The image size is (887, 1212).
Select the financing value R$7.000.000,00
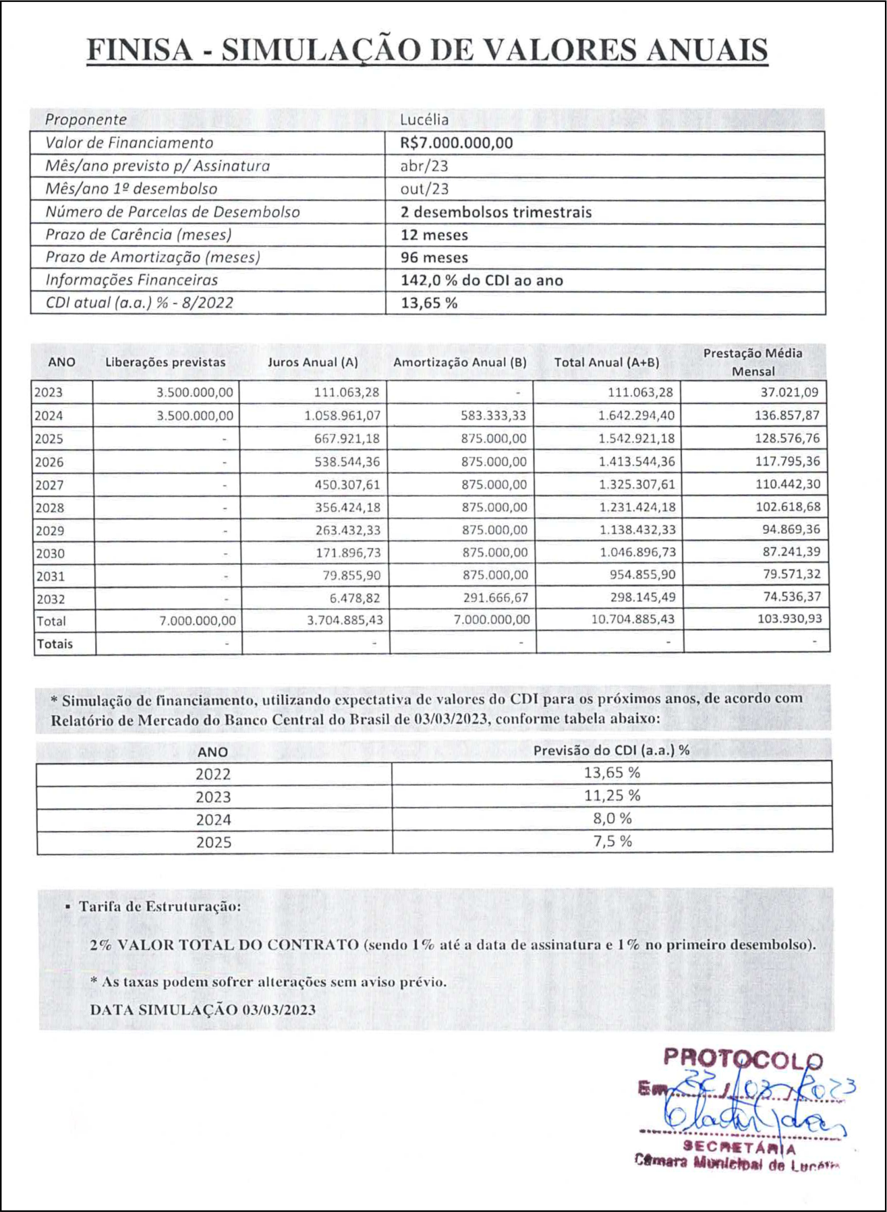(456, 143)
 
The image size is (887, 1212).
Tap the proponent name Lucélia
(424, 120)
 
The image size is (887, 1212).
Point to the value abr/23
(424, 166)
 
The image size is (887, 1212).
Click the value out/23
(424, 189)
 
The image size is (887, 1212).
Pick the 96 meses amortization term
(434, 257)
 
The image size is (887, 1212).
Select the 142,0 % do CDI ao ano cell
(482, 280)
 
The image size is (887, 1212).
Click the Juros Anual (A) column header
(312, 362)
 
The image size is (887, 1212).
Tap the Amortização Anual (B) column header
(459, 362)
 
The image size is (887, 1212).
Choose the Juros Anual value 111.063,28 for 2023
(347, 392)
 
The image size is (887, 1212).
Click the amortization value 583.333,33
(494, 415)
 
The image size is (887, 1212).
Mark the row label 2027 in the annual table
(49, 485)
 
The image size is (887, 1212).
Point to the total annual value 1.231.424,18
(637, 507)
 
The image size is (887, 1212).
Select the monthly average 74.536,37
(787, 597)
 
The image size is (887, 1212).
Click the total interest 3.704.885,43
(345, 620)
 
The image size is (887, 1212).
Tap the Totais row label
(55, 644)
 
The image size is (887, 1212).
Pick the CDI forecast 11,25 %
(612, 796)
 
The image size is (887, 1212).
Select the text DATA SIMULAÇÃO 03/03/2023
(202, 1010)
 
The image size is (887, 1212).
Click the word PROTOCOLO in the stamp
(742, 1058)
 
